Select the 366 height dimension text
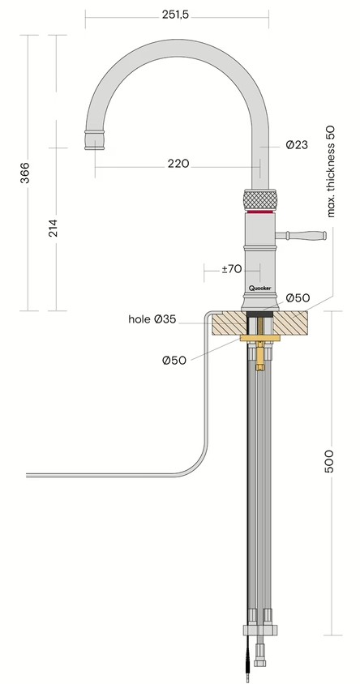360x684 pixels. (x=24, y=173)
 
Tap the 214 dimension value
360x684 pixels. (x=53, y=229)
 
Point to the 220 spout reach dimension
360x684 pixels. (x=178, y=163)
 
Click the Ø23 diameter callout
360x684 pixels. (x=297, y=145)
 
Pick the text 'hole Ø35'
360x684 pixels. (x=152, y=319)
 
